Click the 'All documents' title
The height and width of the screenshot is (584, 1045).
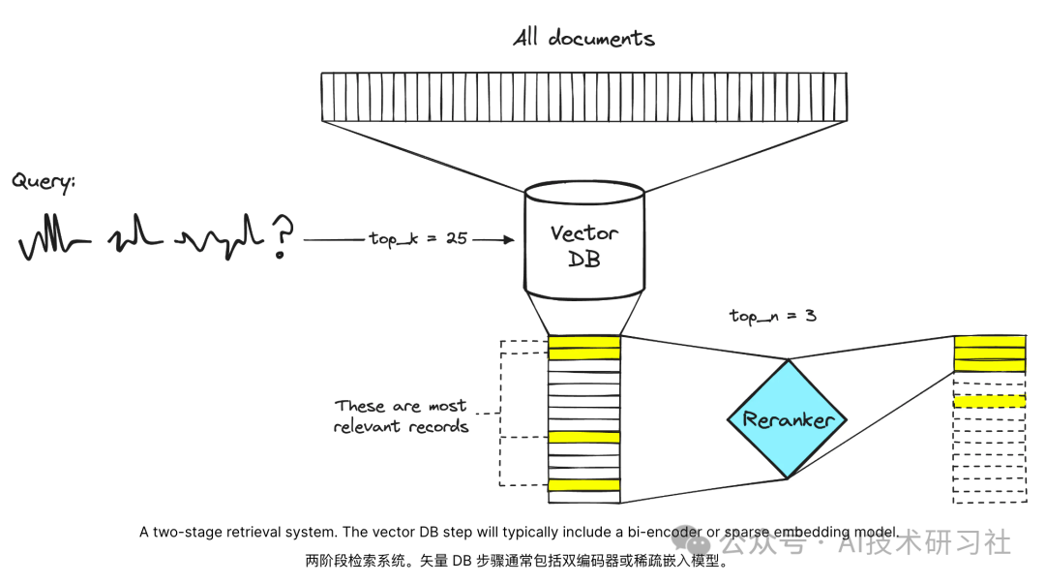[583, 39]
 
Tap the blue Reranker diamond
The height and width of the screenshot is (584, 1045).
[787, 419]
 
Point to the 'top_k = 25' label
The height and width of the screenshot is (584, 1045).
[418, 238]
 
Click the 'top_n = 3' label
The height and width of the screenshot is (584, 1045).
[773, 316]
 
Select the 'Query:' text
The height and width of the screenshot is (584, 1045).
[44, 181]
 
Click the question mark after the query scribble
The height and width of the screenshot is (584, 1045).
[282, 236]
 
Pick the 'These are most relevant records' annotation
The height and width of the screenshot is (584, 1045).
[401, 416]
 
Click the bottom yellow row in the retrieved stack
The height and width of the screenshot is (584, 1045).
[583, 484]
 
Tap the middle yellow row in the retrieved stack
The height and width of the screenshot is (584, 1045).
[583, 438]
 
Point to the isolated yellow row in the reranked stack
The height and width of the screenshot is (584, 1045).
[989, 401]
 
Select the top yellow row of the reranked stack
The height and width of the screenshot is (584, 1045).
[989, 341]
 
